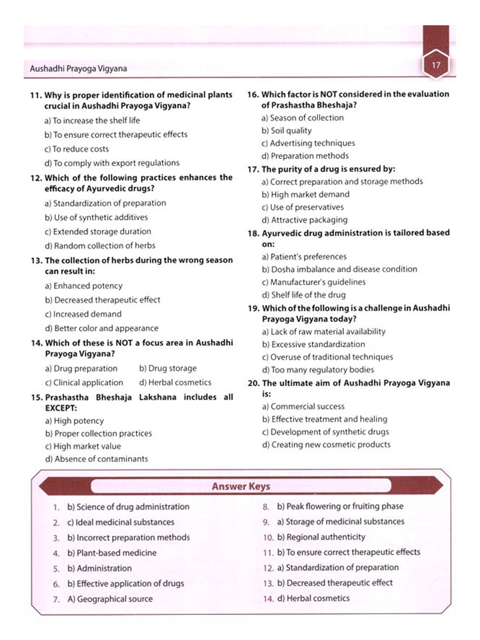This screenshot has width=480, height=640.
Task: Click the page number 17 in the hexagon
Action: tap(436, 65)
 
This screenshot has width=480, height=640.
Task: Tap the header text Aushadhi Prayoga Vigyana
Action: tap(78, 68)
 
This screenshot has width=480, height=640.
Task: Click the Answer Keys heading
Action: tap(241, 486)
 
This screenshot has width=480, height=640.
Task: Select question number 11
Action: tap(36, 95)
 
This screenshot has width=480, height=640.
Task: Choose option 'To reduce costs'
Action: tap(76, 149)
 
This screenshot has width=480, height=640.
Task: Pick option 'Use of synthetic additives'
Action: tap(96, 217)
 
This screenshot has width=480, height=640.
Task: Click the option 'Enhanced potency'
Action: tap(84, 286)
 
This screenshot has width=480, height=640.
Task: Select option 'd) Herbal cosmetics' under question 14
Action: tap(175, 382)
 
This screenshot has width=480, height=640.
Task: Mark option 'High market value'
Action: tap(83, 446)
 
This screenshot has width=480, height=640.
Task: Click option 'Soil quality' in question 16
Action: tap(286, 131)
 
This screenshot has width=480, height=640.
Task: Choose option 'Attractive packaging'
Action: tap(304, 220)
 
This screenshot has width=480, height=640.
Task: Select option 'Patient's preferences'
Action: tap(304, 257)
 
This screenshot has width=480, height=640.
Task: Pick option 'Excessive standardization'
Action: tap(313, 344)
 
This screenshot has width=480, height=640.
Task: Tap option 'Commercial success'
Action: tap(303, 406)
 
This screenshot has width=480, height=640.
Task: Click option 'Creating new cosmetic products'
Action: tap(326, 444)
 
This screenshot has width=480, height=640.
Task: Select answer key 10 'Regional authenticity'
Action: tap(321, 537)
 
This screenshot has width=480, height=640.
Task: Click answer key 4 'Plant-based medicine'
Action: tap(112, 553)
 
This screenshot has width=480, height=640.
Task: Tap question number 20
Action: tap(253, 383)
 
